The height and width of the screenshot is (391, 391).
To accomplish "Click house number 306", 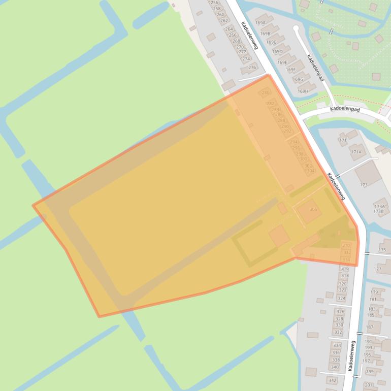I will (x=313, y=210).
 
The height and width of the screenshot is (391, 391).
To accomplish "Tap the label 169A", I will (x=260, y=23).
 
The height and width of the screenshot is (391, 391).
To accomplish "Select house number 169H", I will (x=303, y=91).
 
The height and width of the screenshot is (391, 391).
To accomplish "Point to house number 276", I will (x=252, y=68).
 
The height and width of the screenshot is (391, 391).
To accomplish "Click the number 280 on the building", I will (x=265, y=93).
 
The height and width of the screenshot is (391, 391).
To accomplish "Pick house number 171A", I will (x=356, y=152).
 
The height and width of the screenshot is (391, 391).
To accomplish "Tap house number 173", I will (x=364, y=185).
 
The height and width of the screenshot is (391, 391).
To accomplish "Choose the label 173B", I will (x=378, y=211).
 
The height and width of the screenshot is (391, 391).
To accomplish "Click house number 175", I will (x=382, y=250).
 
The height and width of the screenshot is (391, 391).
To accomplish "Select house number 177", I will (x=377, y=269).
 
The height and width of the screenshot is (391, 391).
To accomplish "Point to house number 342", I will (x=332, y=380).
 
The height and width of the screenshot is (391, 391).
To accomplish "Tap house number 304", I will (x=310, y=171).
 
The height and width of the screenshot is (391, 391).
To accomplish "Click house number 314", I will (x=346, y=259).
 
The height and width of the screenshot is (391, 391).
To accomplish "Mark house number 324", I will (x=341, y=299).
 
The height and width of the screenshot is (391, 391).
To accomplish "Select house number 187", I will (x=369, y=328).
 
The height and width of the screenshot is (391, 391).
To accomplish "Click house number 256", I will (x=214, y=3).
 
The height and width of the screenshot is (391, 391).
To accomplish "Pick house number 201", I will (x=368, y=385).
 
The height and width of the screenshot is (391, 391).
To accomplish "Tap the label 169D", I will (x=277, y=52).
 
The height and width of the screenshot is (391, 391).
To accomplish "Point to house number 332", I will (x=338, y=332).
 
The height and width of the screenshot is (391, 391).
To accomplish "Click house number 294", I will (x=294, y=143).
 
